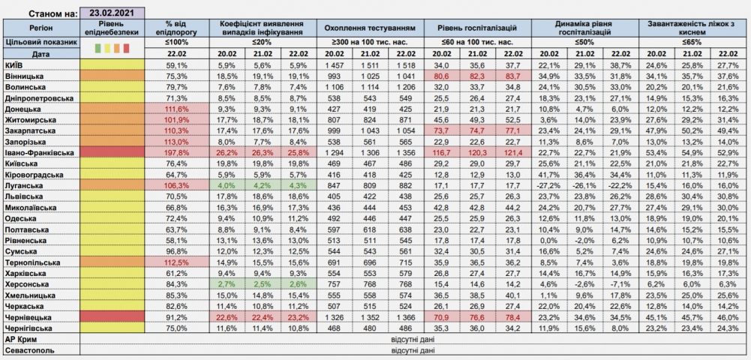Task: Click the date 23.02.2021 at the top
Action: (112, 13)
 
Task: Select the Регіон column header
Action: (41, 28)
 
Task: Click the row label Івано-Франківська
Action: (39, 152)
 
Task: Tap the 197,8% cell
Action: (177, 152)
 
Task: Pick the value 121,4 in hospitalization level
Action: (513, 152)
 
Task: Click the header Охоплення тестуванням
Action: (370, 28)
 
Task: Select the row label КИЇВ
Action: (15, 65)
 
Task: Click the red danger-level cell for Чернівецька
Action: (113, 317)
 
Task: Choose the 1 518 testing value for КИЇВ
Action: (407, 65)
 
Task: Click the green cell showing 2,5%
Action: (263, 283)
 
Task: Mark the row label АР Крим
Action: (22, 340)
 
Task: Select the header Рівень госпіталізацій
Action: (477, 28)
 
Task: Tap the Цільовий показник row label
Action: (41, 42)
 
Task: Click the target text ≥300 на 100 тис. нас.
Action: (370, 42)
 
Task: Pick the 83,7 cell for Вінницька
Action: (513, 76)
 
